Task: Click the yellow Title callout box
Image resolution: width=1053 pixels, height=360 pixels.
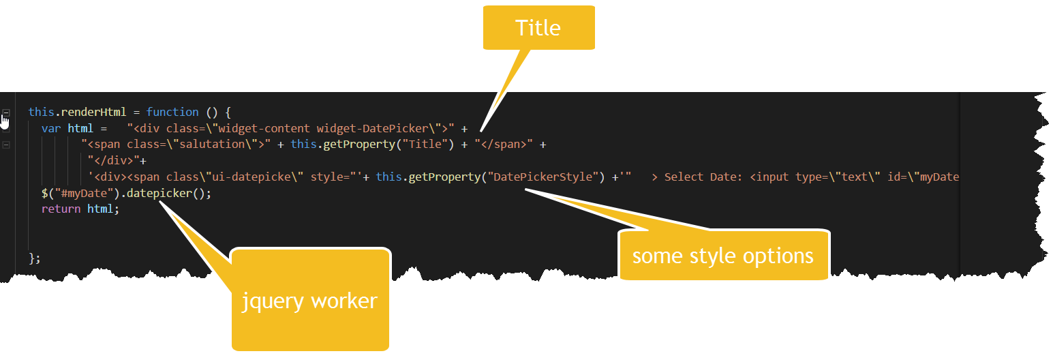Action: [x=538, y=28]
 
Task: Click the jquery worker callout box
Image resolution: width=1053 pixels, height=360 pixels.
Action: [x=310, y=301]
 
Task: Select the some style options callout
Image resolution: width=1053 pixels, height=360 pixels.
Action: [x=723, y=256]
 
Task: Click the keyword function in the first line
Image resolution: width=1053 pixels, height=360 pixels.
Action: [x=172, y=112]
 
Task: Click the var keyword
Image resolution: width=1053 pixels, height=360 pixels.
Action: [x=51, y=128]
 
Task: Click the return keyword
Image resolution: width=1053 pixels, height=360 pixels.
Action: [x=61, y=209]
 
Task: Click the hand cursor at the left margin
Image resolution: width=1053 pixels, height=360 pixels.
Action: [x=5, y=121]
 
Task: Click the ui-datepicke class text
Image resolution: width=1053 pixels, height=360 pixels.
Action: [x=269, y=177]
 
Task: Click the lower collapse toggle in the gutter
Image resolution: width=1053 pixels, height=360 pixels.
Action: [x=6, y=145]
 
